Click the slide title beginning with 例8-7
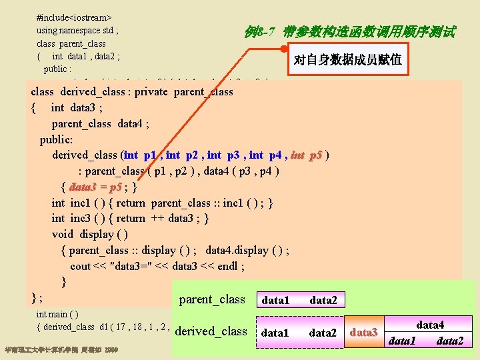tap(349, 32)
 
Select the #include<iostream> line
tap(74, 14)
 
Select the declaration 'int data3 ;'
tap(77, 107)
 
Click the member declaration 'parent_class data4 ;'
tap(100, 123)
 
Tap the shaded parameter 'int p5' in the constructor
tap(306, 155)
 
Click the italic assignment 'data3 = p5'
tap(95, 187)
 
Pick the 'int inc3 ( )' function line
tap(131, 218)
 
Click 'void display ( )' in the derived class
tap(90, 234)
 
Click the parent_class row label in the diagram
tap(212, 299)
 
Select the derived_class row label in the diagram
tap(211, 331)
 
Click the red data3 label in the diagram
tap(364, 332)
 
